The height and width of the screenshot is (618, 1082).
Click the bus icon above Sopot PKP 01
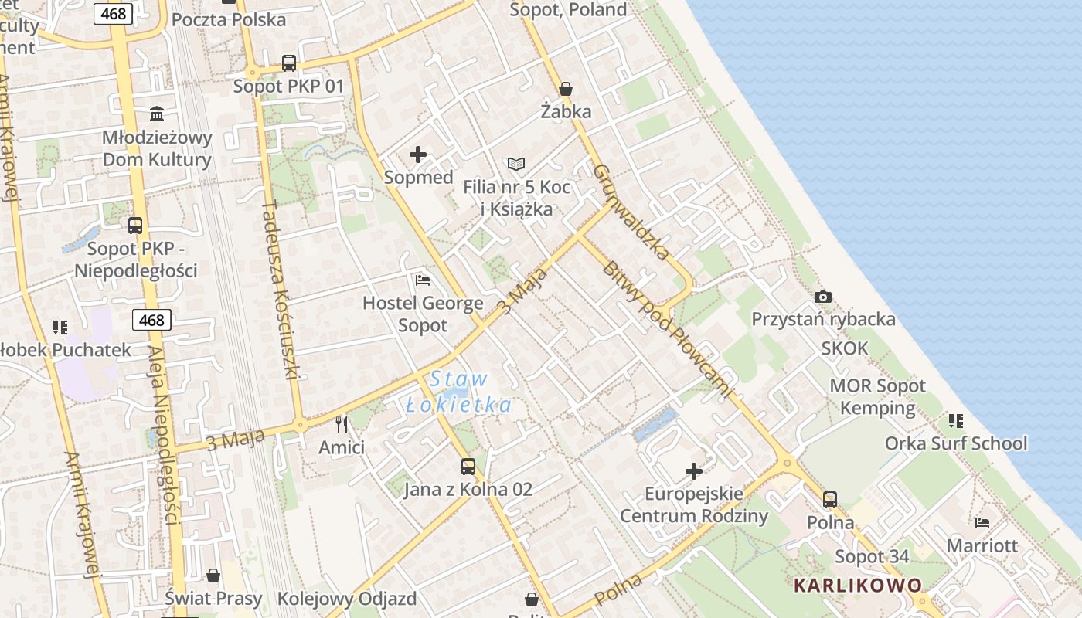coord(289,63)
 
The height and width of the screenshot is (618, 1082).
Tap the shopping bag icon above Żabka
coord(566,89)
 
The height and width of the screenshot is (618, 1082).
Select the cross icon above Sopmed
coord(418,154)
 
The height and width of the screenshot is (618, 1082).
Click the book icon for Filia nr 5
coord(515,164)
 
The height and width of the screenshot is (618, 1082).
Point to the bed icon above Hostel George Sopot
coord(423,280)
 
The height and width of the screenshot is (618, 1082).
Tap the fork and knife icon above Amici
coord(342,424)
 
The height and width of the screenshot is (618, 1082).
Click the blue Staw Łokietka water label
coord(459,392)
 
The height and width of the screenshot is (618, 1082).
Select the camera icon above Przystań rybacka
coord(823,297)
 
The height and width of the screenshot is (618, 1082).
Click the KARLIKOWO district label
coord(858,585)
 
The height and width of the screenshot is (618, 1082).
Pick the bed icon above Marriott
coord(982,522)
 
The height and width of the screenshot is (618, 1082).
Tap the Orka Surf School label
coord(956,443)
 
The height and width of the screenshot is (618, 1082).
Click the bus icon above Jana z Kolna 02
coord(468,466)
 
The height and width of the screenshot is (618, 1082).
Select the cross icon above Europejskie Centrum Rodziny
coord(694,470)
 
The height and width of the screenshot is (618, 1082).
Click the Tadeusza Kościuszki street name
coord(280,290)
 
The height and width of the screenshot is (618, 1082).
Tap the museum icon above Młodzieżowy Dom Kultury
coord(158,114)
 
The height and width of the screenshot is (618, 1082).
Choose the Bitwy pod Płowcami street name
coord(665,329)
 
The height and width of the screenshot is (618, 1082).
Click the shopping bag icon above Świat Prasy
coord(213,576)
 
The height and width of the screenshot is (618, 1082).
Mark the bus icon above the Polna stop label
coord(830,499)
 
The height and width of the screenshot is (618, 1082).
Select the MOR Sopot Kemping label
coord(877,397)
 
